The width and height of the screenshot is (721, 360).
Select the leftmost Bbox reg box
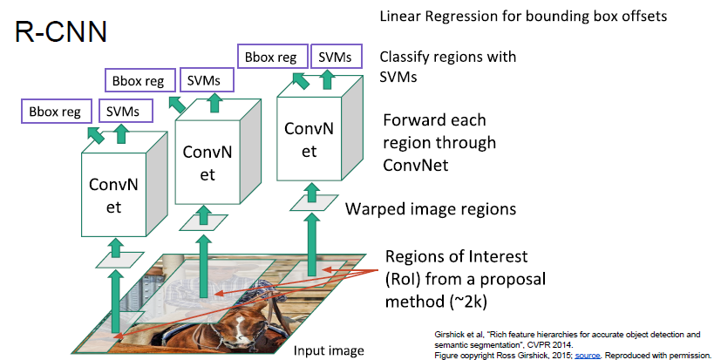point(54,111)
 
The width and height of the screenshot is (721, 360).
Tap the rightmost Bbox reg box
point(269,57)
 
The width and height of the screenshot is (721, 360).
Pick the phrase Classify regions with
point(448,57)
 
